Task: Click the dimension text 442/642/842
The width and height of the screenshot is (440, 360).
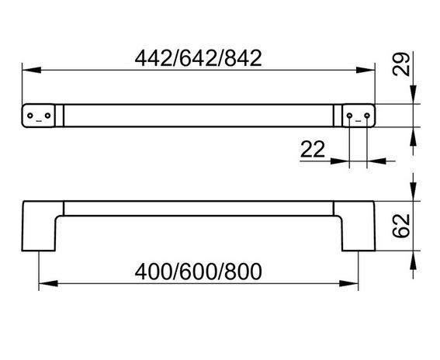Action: coord(198,58)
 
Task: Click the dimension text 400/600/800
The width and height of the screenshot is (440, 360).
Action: coord(198,272)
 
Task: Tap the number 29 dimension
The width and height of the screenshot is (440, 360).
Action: coord(400,64)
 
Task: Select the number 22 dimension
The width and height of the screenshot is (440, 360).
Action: coord(313,149)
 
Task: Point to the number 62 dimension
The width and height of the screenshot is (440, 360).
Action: coord(400,226)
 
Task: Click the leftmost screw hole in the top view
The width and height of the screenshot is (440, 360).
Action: coord(30,116)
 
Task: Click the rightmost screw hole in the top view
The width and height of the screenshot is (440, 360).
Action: coord(367,116)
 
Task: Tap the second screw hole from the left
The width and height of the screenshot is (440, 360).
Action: coord(47,116)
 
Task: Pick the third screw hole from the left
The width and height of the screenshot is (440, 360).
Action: coord(349,116)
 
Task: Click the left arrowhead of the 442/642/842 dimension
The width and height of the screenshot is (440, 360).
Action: coord(31,70)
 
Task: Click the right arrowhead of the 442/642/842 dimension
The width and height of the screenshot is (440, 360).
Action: coord(366,70)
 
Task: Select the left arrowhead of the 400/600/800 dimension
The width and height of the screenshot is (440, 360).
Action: coord(48,283)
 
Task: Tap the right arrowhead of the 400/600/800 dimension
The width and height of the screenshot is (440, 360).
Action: coord(348,283)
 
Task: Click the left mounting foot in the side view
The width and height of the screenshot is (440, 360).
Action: coord(40,226)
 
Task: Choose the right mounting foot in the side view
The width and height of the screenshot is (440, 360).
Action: coord(358,226)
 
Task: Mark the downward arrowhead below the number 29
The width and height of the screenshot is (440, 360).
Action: coord(413,95)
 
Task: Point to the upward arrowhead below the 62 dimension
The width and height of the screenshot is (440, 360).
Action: coord(413,261)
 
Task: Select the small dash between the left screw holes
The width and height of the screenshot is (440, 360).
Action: coord(39,121)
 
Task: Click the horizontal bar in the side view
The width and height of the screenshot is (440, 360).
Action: coord(199,208)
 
